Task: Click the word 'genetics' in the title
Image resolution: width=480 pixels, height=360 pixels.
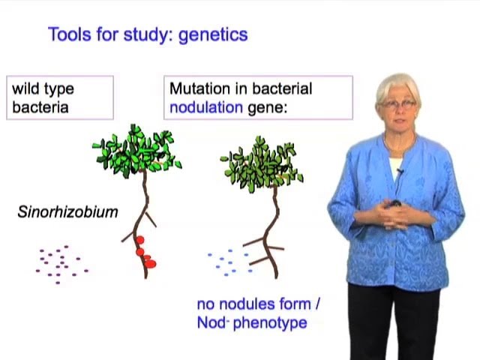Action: [213, 34]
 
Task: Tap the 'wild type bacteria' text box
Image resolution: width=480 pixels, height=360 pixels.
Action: [60, 97]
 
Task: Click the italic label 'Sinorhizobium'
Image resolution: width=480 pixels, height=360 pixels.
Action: [67, 212]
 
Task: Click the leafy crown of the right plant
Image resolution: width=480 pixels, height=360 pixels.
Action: [262, 163]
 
